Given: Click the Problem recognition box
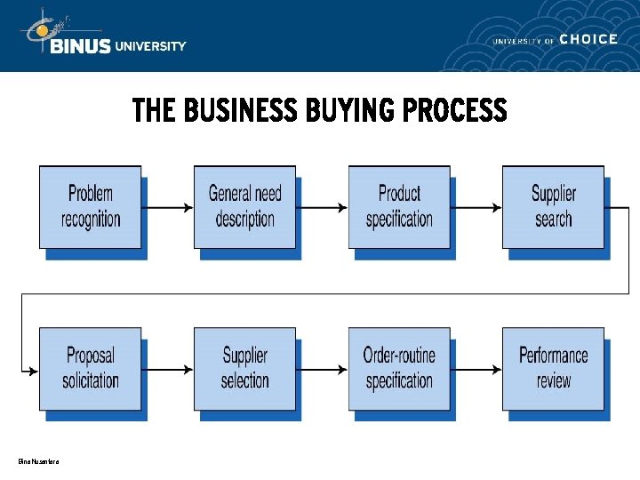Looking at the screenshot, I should click(91, 207).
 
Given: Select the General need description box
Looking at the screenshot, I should click(244, 207).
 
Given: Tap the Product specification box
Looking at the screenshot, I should click(399, 207).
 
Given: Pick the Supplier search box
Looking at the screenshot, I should click(553, 207).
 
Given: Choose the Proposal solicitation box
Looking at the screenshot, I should click(91, 369).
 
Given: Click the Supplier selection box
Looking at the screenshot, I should click(244, 369).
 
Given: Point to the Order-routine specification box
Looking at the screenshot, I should click(399, 369).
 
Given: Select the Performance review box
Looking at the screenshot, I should click(553, 369).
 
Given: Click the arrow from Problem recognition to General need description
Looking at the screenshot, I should click(168, 208).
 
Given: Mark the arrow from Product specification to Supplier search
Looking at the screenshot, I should click(476, 208).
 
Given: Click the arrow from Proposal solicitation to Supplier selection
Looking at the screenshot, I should click(168, 369).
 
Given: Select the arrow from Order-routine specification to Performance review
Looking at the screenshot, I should click(476, 369).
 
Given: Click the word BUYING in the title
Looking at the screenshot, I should click(350, 111).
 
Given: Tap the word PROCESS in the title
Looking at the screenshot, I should click(454, 111).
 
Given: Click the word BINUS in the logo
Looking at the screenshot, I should click(81, 46).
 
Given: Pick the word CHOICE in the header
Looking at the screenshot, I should click(589, 39).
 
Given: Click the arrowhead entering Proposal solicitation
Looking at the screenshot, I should click(34, 369).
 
